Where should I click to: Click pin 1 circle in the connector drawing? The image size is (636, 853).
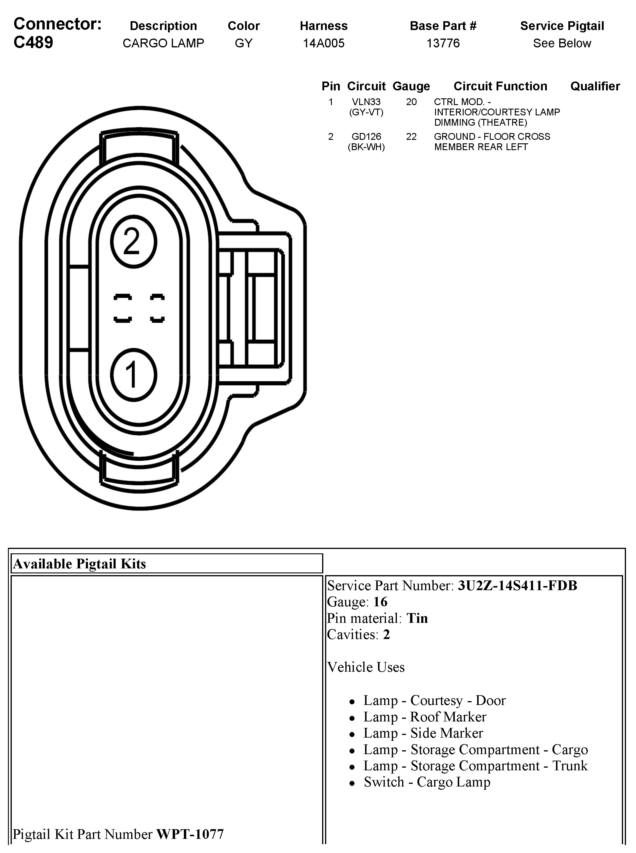pyautogui.click(x=133, y=375)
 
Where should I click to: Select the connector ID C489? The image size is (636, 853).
pyautogui.click(x=34, y=42)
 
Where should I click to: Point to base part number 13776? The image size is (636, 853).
pyautogui.click(x=443, y=43)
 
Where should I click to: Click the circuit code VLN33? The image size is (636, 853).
pyautogui.click(x=366, y=102)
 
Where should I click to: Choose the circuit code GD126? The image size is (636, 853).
pyautogui.click(x=366, y=137)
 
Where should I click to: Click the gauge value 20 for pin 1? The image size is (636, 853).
pyautogui.click(x=411, y=102)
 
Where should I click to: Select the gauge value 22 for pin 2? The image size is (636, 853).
pyautogui.click(x=411, y=137)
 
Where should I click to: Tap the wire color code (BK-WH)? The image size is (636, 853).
pyautogui.click(x=366, y=147)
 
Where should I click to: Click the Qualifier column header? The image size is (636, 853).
pyautogui.click(x=595, y=86)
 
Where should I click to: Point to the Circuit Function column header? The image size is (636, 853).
pyautogui.click(x=500, y=86)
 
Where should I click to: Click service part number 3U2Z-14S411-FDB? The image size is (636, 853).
pyautogui.click(x=517, y=586)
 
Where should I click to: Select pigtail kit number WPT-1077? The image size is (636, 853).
pyautogui.click(x=190, y=834)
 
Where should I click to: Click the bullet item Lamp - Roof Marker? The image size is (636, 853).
pyautogui.click(x=425, y=717)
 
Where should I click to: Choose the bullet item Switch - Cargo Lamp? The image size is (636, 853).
pyautogui.click(x=427, y=782)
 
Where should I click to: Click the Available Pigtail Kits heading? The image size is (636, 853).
pyautogui.click(x=80, y=564)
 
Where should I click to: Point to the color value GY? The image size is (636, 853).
pyautogui.click(x=243, y=43)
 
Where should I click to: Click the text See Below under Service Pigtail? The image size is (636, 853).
pyautogui.click(x=562, y=43)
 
